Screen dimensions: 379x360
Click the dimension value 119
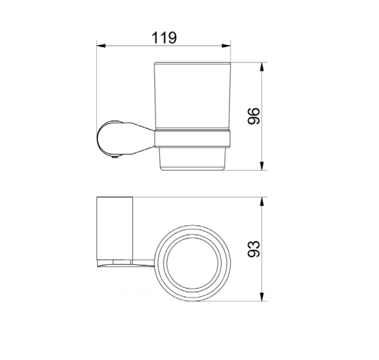pos(164,37)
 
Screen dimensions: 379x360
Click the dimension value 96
pos(254,116)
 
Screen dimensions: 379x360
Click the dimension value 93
pos(254,249)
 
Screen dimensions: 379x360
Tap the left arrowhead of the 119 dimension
pos(101,46)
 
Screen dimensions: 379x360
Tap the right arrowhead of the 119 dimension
pos(227,46)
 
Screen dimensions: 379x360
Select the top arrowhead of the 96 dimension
pos(261,67)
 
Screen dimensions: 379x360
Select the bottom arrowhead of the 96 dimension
pos(261,166)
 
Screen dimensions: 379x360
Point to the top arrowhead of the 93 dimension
pos(261,202)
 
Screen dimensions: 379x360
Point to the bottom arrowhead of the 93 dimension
pos(261,297)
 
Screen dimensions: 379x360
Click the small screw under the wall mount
pos(115,157)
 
